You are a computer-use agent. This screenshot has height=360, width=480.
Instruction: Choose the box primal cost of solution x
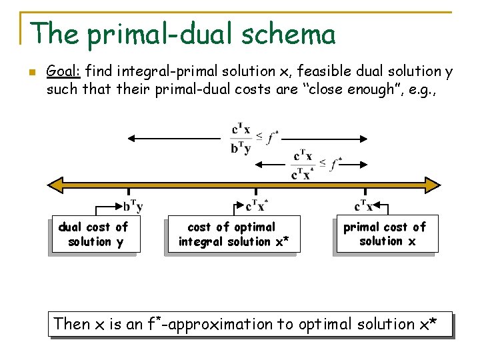click(385, 234)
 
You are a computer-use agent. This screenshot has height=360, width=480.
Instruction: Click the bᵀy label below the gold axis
click(133, 207)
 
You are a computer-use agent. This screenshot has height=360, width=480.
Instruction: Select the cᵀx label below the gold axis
click(364, 207)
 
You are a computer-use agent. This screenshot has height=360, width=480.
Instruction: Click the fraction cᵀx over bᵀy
click(241, 138)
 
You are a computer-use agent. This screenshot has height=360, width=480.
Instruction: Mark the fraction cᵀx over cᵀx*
click(302, 164)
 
